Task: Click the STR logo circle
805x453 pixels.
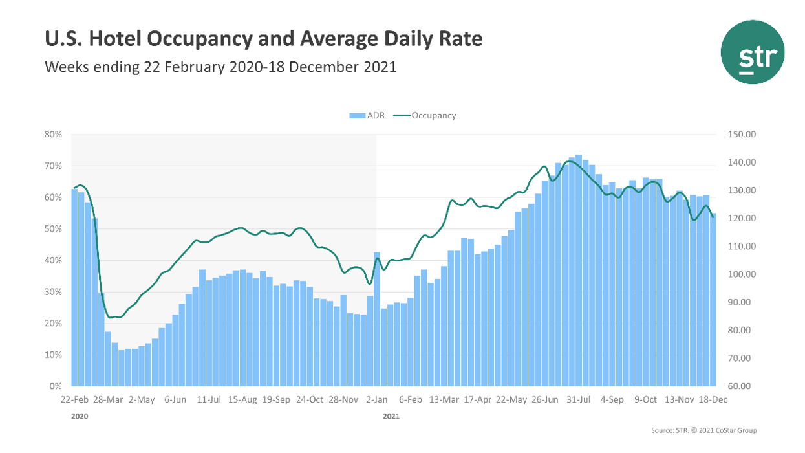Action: point(752,52)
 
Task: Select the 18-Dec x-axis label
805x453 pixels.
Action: point(713,400)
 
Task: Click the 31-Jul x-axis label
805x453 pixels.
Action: point(578,400)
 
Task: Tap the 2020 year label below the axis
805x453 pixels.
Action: point(79,417)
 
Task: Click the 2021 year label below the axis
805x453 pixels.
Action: point(391,417)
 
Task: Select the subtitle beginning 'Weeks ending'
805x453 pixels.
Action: point(220,67)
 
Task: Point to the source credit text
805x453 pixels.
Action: point(703,430)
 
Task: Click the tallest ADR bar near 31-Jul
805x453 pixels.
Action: point(579,272)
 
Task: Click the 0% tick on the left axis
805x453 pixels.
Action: point(56,386)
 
